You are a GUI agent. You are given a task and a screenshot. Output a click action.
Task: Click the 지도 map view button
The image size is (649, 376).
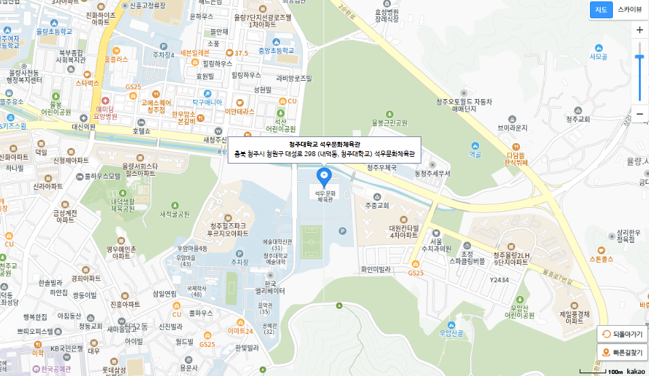[x=601, y=10]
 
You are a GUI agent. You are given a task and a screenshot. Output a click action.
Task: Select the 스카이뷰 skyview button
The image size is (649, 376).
[x=629, y=10]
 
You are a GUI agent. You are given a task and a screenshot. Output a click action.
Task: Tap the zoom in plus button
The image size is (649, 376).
[x=639, y=30]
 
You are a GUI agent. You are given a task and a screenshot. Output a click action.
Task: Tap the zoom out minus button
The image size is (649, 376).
[x=639, y=114]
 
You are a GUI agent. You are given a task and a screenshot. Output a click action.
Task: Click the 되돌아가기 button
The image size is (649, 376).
[x=622, y=334]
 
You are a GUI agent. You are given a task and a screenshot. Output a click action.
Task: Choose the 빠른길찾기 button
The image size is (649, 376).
[x=622, y=352]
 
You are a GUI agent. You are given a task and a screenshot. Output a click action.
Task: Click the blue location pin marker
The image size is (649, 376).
[x=323, y=177]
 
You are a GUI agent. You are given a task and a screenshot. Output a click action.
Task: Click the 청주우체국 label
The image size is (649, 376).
[x=381, y=168]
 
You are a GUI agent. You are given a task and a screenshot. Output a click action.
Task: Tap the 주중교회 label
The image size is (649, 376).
[x=376, y=205]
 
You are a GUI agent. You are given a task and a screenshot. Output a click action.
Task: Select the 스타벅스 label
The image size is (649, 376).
[x=88, y=83]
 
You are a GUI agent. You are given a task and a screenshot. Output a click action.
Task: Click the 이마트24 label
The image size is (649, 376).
[x=240, y=331]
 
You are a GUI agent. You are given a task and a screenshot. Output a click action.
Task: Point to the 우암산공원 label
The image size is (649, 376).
[x=451, y=333]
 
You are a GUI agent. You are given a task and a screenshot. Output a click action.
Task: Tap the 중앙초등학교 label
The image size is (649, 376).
[x=276, y=50]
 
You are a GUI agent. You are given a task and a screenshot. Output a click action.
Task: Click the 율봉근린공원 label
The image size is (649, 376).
[x=389, y=123]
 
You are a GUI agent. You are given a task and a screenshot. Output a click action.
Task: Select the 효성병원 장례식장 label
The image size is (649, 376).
[x=386, y=16]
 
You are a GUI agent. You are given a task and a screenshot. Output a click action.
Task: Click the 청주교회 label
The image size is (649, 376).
[x=579, y=119]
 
